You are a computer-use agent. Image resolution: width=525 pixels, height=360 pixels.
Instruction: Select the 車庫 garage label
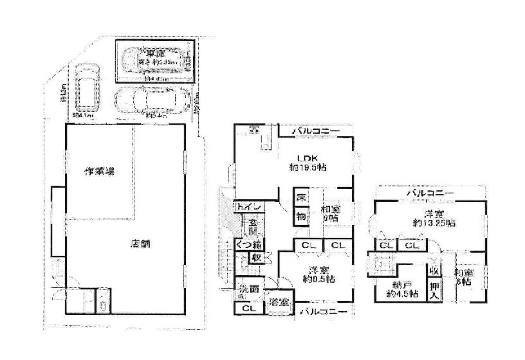tap(152, 54)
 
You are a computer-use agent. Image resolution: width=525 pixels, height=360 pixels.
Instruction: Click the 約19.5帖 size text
tap(307, 169)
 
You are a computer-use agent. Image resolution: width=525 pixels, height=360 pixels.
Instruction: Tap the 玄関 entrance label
tap(252, 227)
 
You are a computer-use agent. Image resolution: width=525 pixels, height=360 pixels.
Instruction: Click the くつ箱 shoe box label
tap(248, 244)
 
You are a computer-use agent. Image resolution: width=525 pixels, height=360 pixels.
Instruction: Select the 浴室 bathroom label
tap(279, 302)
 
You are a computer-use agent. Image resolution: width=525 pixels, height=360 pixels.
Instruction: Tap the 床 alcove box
tap(300, 198)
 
